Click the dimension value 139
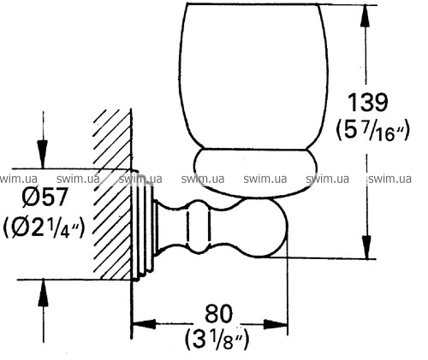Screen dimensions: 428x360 [368, 103]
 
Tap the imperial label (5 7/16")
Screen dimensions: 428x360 [373, 130]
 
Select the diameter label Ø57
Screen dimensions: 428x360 [45, 197]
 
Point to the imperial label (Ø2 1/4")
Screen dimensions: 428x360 [45, 227]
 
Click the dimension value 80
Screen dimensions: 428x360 [219, 314]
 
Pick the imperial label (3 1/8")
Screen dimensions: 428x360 [217, 339]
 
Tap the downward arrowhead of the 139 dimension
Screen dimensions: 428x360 [366, 247]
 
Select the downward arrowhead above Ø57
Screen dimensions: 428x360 [43, 154]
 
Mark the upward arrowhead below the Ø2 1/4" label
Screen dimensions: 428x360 [44, 293]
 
